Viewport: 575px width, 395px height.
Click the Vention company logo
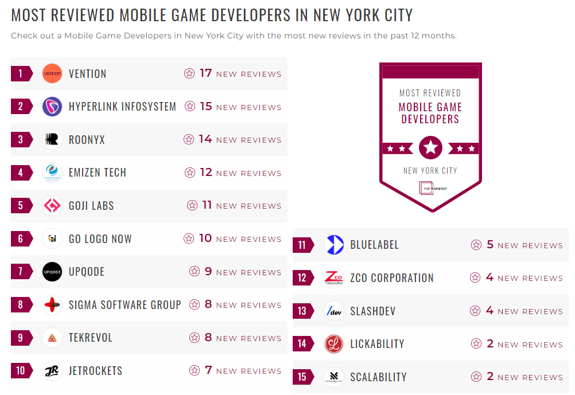[52, 73]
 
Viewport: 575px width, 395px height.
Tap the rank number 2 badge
[21, 107]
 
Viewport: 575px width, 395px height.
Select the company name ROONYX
[87, 140]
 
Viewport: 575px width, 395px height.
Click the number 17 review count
[205, 73]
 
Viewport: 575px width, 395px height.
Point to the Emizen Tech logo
[52, 173]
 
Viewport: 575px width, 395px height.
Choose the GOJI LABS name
[91, 206]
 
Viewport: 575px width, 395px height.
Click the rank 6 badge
[21, 238]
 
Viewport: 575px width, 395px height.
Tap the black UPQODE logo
[52, 272]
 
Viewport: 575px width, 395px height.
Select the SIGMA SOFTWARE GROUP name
[125, 305]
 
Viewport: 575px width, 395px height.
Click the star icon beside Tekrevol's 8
[195, 338]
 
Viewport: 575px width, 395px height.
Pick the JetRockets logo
[52, 371]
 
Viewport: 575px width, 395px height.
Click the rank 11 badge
[302, 245]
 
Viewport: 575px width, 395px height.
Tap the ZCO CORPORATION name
[392, 278]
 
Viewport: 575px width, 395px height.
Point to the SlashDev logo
[333, 311]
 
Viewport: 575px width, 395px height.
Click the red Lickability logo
[333, 344]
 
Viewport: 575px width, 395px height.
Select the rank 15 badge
[302, 377]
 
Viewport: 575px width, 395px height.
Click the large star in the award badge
[430, 148]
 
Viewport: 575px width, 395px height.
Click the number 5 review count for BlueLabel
[489, 245]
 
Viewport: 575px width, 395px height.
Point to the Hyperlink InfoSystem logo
[52, 107]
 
